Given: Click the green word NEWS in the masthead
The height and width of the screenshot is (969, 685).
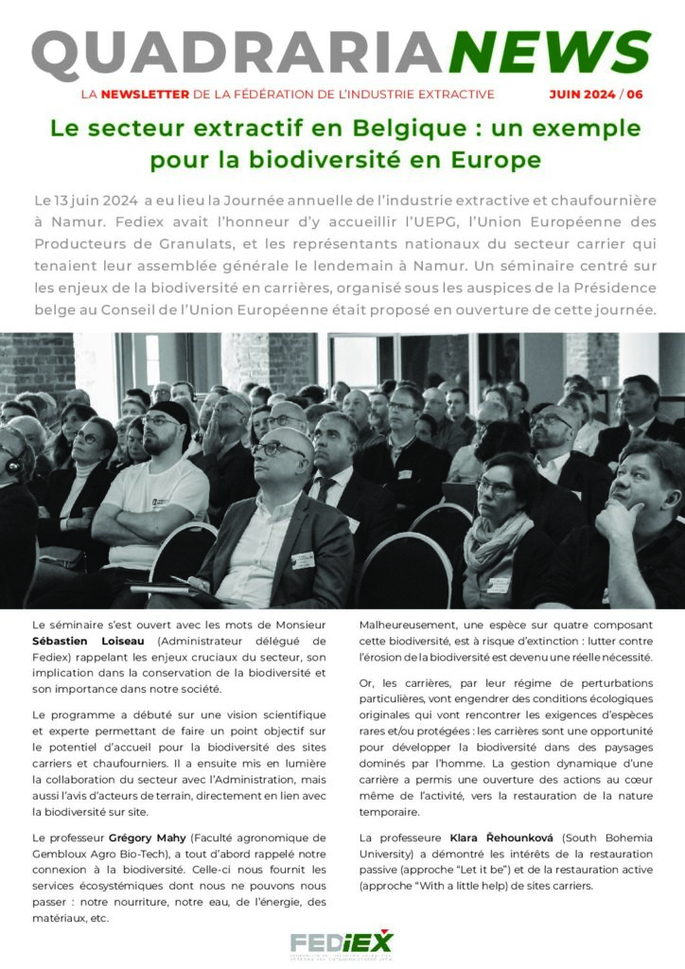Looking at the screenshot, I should click(x=550, y=54).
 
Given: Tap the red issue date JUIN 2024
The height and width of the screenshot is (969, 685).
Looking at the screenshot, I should click(x=583, y=95).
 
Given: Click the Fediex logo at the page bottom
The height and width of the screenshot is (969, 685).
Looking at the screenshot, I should click(x=342, y=943).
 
